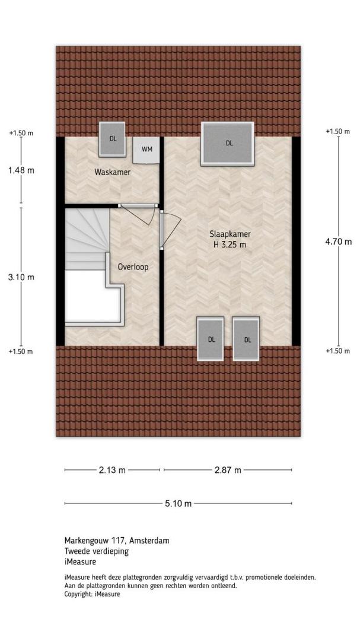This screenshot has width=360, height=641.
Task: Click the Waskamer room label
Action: pyautogui.click(x=112, y=172)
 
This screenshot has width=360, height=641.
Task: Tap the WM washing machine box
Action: pyautogui.click(x=147, y=150)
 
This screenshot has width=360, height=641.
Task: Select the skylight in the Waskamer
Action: pyautogui.click(x=113, y=139)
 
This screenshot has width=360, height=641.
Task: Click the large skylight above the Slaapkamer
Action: pyautogui.click(x=228, y=144)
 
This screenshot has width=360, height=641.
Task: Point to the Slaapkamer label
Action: pyautogui.click(x=230, y=234)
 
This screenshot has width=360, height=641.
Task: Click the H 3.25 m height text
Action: pyautogui.click(x=230, y=245)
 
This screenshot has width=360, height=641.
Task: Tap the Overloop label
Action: pyautogui.click(x=133, y=267)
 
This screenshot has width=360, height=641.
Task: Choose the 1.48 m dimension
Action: pyautogui.click(x=21, y=170)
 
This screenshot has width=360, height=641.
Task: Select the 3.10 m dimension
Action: pyautogui.click(x=21, y=277)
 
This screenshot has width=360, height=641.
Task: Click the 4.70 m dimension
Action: pyautogui.click(x=338, y=242)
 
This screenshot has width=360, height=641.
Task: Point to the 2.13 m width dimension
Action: pyautogui.click(x=112, y=470)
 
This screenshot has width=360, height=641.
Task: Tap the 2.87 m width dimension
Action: pyautogui.click(x=228, y=470)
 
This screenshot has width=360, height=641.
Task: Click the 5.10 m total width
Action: pyautogui.click(x=178, y=504)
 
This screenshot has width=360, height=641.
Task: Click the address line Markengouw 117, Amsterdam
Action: pyautogui.click(x=117, y=541)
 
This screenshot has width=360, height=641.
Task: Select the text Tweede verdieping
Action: pyautogui.click(x=97, y=551)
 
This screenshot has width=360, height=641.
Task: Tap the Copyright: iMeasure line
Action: pyautogui.click(x=93, y=594)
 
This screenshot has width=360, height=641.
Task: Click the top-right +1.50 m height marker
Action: pyautogui.click(x=338, y=131)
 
